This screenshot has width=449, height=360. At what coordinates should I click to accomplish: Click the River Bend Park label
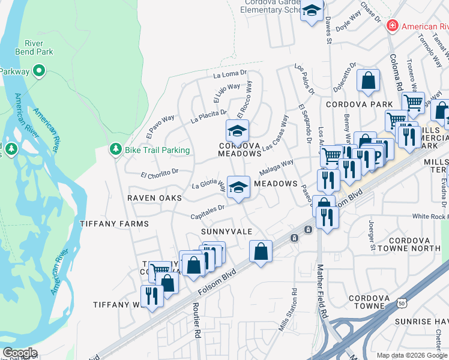(x=38, y=47)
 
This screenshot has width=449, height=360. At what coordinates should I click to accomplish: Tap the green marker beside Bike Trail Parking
(x=115, y=149)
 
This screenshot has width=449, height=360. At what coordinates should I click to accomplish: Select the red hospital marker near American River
(x=393, y=25)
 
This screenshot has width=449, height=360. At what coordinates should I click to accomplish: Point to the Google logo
(x=20, y=353)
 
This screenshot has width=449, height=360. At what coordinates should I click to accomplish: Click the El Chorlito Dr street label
(x=159, y=173)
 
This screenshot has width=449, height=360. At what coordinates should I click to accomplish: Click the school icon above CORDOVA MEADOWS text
(x=237, y=129)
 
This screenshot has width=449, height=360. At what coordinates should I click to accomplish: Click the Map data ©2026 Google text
(x=412, y=355)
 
